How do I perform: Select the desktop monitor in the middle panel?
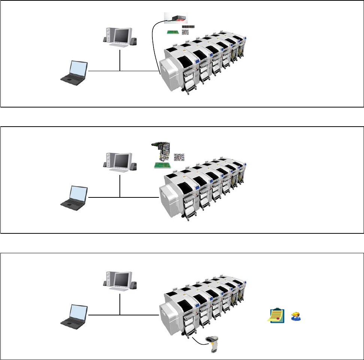pyautogui.click(x=122, y=161)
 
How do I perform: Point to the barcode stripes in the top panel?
pyautogui.click(x=189, y=27)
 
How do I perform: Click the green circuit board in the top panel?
pyautogui.click(x=173, y=32)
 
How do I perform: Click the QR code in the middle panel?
pyautogui.click(x=179, y=157)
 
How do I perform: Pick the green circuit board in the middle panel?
pyautogui.click(x=162, y=165)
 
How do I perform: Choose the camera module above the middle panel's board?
pyautogui.click(x=161, y=150)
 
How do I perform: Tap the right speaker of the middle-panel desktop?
pyautogui.click(x=134, y=165)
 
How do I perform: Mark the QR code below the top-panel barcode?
pyautogui.click(x=186, y=33)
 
